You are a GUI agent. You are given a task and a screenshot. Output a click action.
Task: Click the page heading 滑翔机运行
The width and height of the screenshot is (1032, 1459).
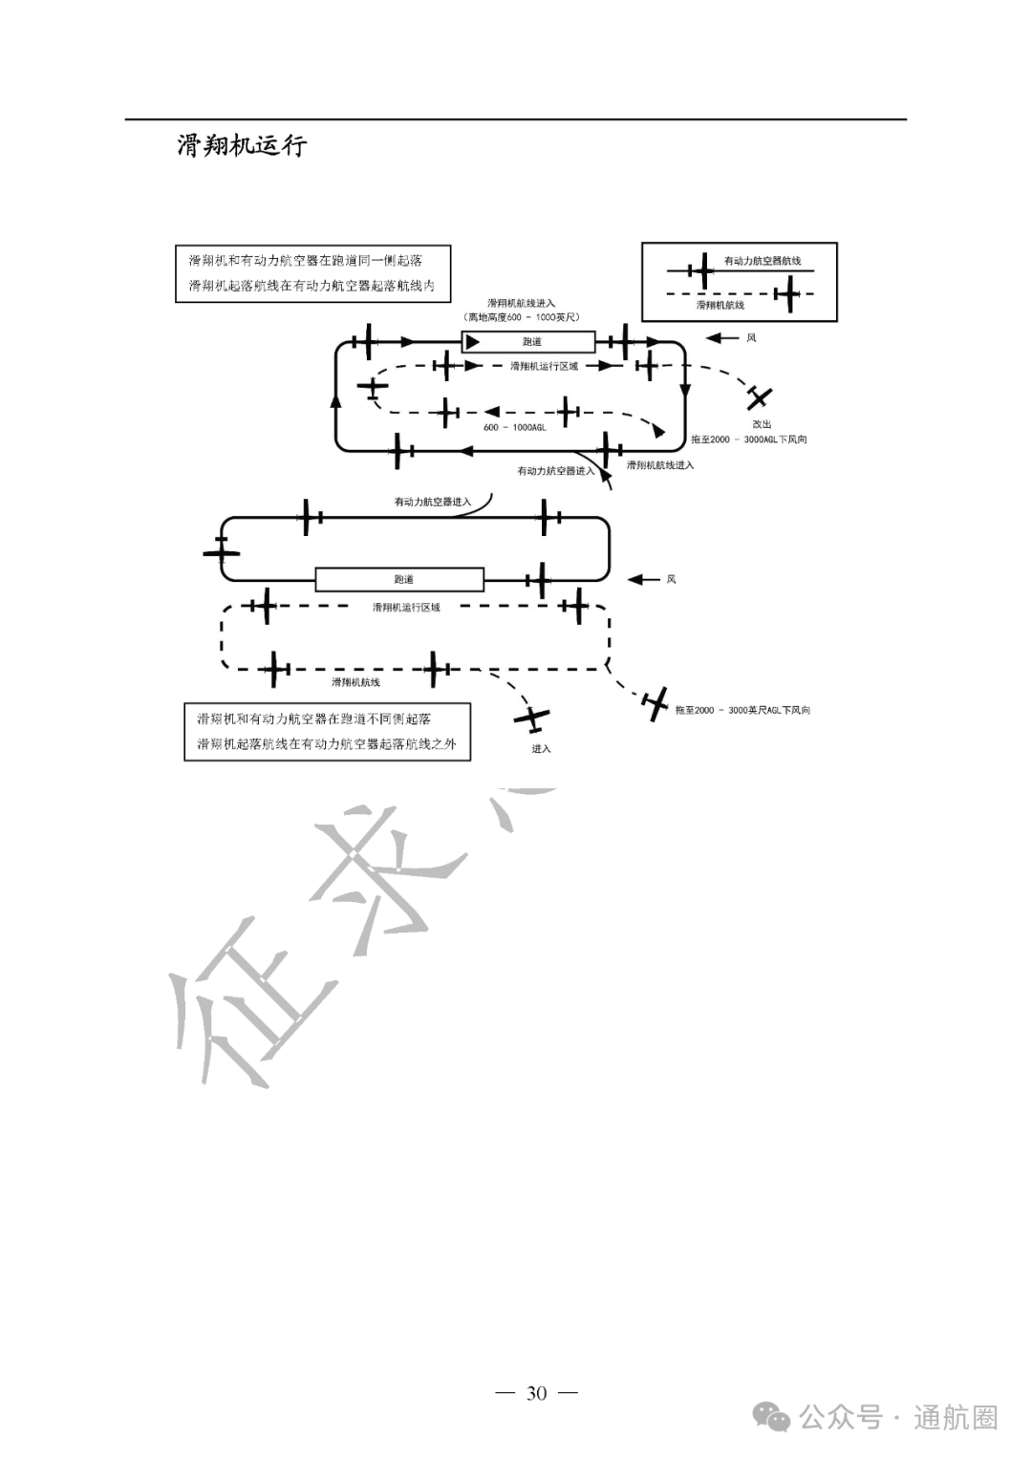242,145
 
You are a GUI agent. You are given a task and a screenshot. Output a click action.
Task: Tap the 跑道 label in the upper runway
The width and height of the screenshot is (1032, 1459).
532,342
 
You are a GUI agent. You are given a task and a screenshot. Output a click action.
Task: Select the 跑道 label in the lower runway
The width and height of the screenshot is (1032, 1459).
403,580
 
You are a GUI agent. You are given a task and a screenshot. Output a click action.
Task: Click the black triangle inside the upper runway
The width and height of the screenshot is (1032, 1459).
472,342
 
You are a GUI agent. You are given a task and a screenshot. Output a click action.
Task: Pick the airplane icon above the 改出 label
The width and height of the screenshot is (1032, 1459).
760,397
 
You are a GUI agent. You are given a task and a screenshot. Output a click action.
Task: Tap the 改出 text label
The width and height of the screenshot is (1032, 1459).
762,423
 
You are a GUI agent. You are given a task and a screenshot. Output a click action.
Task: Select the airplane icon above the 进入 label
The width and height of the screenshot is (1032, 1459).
531,717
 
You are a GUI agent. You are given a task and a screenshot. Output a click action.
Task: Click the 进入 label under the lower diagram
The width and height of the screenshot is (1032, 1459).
542,748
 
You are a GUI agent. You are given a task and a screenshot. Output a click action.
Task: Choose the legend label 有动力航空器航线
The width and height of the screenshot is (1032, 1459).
762,261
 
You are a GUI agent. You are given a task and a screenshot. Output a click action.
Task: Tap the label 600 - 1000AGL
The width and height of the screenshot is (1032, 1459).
514,427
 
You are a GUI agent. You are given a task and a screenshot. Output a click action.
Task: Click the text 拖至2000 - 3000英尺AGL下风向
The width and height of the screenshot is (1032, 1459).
742,710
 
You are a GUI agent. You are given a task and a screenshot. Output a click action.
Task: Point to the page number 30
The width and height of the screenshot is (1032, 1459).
536,1393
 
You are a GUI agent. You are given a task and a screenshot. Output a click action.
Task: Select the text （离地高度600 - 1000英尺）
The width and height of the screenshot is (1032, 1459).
521,316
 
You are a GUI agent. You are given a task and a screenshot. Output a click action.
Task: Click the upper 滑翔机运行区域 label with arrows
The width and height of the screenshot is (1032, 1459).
544,366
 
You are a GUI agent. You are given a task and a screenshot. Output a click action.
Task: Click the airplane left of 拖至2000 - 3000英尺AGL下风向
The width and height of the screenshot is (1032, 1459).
656,704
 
